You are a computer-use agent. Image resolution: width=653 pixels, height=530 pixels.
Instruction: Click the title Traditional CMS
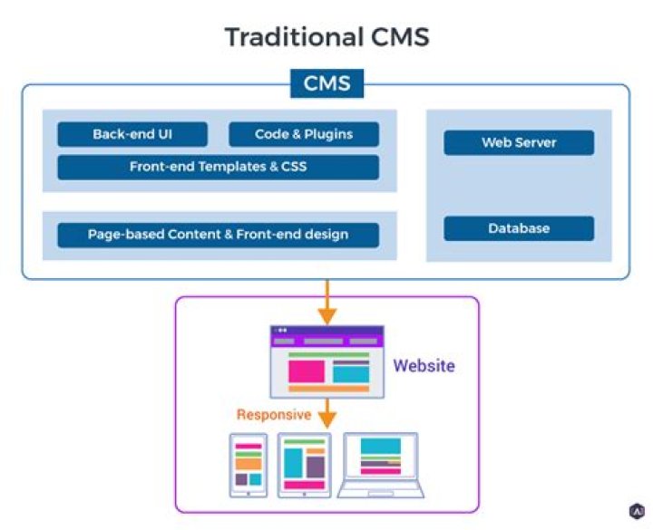tap(326, 36)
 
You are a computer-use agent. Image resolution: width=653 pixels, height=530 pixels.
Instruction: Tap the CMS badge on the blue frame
tap(326, 83)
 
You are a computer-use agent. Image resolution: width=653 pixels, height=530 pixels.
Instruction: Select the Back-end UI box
tap(132, 134)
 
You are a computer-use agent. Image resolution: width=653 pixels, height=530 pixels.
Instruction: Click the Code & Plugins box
tap(304, 134)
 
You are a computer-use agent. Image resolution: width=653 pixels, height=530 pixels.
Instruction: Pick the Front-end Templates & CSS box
tap(219, 167)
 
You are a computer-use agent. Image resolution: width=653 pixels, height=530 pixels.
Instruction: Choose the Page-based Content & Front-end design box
tap(219, 235)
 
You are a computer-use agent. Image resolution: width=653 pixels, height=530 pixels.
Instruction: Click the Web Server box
tap(519, 143)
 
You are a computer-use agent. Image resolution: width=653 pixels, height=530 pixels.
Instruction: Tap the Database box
tap(519, 228)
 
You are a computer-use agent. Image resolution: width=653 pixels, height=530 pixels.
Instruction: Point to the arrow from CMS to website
tap(327, 302)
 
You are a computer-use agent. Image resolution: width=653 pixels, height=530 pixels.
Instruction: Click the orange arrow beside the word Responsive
tap(327, 413)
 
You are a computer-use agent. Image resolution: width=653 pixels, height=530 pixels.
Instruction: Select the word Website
tap(424, 366)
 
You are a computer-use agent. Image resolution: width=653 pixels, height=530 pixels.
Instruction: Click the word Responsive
tap(274, 414)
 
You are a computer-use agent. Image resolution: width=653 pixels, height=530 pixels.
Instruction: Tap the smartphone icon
tap(249, 465)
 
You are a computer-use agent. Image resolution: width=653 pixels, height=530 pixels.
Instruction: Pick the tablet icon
tap(305, 465)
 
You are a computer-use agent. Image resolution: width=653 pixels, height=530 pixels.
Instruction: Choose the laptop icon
tap(381, 465)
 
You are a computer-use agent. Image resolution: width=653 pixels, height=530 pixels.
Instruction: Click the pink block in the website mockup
tap(307, 371)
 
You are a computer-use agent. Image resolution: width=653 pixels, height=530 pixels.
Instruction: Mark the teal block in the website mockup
tap(351, 374)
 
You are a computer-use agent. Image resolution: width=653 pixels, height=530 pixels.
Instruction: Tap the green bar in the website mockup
tap(329, 355)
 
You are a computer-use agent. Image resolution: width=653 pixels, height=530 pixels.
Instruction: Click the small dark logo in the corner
tap(637, 511)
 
